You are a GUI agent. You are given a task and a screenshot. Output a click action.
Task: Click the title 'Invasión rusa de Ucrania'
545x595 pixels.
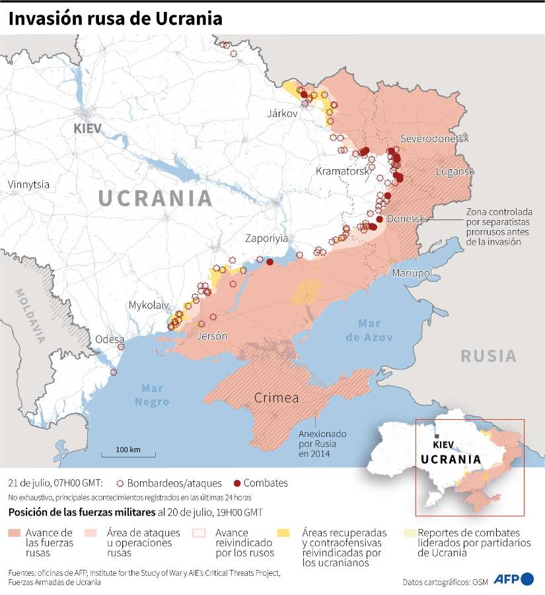(x=115, y=19)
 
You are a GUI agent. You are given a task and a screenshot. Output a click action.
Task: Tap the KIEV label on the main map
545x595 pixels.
(x=88, y=128)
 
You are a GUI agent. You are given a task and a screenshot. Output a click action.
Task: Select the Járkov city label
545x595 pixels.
(x=283, y=113)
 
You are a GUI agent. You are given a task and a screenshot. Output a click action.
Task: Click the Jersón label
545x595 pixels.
(x=211, y=336)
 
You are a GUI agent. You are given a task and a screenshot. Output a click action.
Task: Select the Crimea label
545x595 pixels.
(x=277, y=398)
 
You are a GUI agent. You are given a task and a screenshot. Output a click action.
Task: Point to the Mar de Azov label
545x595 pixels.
(x=375, y=330)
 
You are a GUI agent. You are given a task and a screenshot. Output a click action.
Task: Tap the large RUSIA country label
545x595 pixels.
(x=488, y=356)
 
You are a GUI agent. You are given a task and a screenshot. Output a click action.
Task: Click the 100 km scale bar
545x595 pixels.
(x=128, y=454)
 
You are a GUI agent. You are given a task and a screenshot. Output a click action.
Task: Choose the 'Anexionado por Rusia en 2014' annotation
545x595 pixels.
(x=323, y=443)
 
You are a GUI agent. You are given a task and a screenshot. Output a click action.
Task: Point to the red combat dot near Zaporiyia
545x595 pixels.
(x=270, y=262)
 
